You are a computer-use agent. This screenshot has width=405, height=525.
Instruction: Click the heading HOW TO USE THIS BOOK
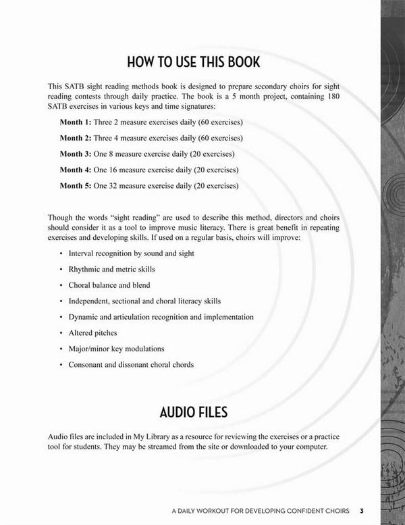pos(193,63)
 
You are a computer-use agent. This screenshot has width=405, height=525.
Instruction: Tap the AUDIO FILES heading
pos(193,411)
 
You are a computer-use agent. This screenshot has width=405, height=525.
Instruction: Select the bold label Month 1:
pos(75,122)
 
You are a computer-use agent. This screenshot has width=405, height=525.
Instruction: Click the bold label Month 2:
pos(75,138)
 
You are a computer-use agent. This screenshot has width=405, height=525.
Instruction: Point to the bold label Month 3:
pos(75,153)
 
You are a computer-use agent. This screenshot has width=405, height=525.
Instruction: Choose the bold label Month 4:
pos(75,169)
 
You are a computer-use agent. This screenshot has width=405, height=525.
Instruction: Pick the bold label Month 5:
pos(75,184)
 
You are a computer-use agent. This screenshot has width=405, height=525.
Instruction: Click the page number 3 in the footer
pos(362,510)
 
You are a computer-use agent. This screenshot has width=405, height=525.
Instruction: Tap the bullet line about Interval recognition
pos(131,253)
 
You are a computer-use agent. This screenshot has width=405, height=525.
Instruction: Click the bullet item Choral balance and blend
pos(109,285)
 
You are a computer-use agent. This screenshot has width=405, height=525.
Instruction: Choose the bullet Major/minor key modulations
pos(116,349)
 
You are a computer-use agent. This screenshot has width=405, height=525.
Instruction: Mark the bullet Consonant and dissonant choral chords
pos(131,365)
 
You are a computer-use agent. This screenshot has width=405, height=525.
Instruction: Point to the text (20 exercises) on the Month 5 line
pos(215,184)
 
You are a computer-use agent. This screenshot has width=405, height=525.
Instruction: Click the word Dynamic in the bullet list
pos(82,317)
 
